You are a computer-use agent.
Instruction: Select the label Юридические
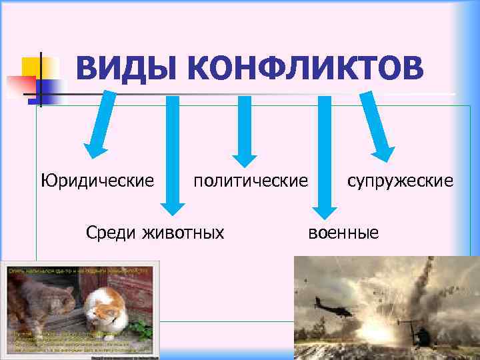click(x=97, y=181)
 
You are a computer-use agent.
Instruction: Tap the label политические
click(x=251, y=181)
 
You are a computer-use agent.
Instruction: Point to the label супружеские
click(x=400, y=181)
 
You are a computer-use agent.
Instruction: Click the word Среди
click(x=111, y=232)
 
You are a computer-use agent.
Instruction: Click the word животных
click(x=184, y=232)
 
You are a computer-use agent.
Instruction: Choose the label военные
click(x=343, y=232)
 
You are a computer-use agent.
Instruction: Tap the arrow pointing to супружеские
click(x=377, y=127)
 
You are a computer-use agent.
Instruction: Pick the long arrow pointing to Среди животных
click(x=172, y=153)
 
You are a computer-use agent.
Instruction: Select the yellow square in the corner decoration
click(x=31, y=67)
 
